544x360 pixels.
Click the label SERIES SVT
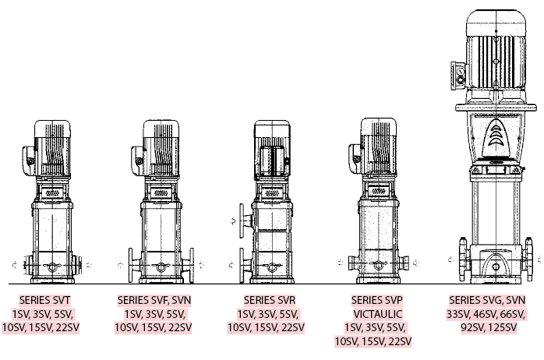click(x=44, y=300)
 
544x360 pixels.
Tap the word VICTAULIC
click(x=378, y=314)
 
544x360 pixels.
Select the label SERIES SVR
click(x=270, y=300)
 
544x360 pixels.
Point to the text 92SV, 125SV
click(x=489, y=327)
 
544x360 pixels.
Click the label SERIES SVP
click(x=377, y=300)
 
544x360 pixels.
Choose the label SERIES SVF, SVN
click(x=154, y=300)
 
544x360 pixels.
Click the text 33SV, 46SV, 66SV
click(x=486, y=314)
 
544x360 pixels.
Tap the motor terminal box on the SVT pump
click(x=29, y=161)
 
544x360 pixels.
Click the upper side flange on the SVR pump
click(x=246, y=221)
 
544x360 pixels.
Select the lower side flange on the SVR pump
click(x=246, y=265)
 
